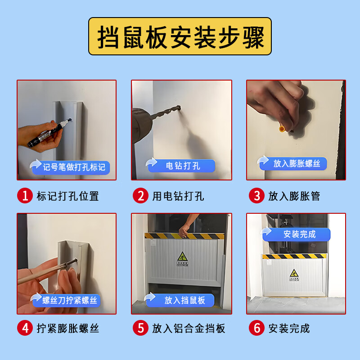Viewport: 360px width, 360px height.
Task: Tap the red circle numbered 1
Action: point(25,196)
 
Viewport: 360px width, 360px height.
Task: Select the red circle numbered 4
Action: point(25,328)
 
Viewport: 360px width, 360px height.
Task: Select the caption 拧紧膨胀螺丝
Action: point(67,328)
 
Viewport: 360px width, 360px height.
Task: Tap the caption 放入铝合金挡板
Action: point(189,328)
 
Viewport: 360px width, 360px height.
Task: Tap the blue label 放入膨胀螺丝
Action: point(297,163)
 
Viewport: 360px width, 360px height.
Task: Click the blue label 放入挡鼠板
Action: point(184,300)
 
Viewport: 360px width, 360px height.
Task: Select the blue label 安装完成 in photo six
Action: point(300,234)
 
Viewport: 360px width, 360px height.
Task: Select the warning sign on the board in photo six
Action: point(293,274)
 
